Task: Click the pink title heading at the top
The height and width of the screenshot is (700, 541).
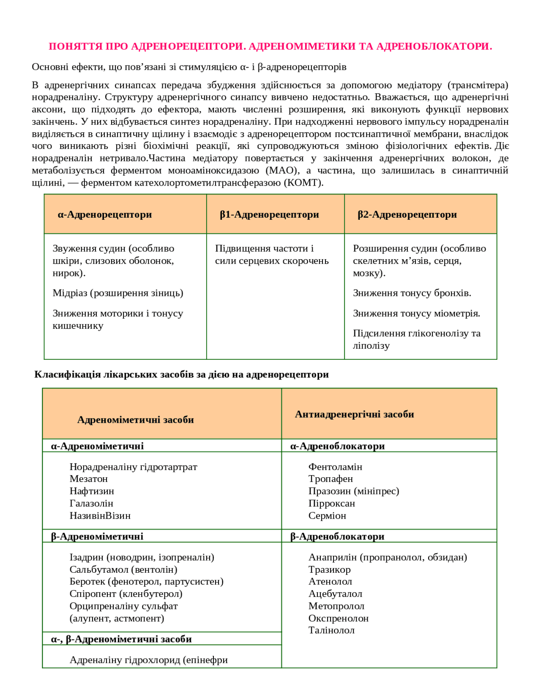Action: pyautogui.click(x=270, y=46)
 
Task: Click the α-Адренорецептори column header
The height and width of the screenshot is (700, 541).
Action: pyautogui.click(x=105, y=215)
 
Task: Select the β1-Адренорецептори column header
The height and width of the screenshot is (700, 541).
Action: pyautogui.click(x=269, y=215)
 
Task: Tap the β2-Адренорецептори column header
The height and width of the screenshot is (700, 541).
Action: pyautogui.click(x=407, y=215)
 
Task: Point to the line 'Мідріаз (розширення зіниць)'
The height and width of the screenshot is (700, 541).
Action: pyautogui.click(x=118, y=293)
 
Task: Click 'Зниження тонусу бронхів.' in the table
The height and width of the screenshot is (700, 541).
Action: pyautogui.click(x=412, y=293)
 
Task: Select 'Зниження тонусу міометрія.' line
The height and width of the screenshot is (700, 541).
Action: pyautogui.click(x=416, y=313)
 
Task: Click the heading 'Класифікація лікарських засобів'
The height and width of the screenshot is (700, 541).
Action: pyautogui.click(x=181, y=375)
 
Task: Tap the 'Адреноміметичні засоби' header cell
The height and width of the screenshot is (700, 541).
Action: pyautogui.click(x=135, y=420)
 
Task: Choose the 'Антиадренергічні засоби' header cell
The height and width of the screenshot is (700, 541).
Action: pyautogui.click(x=354, y=414)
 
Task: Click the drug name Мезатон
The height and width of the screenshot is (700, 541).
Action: pyautogui.click(x=89, y=479)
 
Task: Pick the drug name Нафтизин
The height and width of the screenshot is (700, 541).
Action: pyautogui.click(x=92, y=491)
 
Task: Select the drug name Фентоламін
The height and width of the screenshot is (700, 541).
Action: pyautogui.click(x=335, y=467)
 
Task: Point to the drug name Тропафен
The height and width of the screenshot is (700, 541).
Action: pyautogui.click(x=331, y=479)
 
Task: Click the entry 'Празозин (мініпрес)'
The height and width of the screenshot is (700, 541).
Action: pyautogui.click(x=354, y=491)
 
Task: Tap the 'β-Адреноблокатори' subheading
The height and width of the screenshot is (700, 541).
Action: pyautogui.click(x=337, y=536)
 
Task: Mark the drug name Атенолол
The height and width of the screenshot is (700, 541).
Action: pyautogui.click(x=330, y=582)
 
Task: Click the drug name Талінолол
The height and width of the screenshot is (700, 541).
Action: pyautogui.click(x=331, y=630)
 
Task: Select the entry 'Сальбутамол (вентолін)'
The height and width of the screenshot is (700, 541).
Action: pyautogui.click(x=123, y=569)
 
